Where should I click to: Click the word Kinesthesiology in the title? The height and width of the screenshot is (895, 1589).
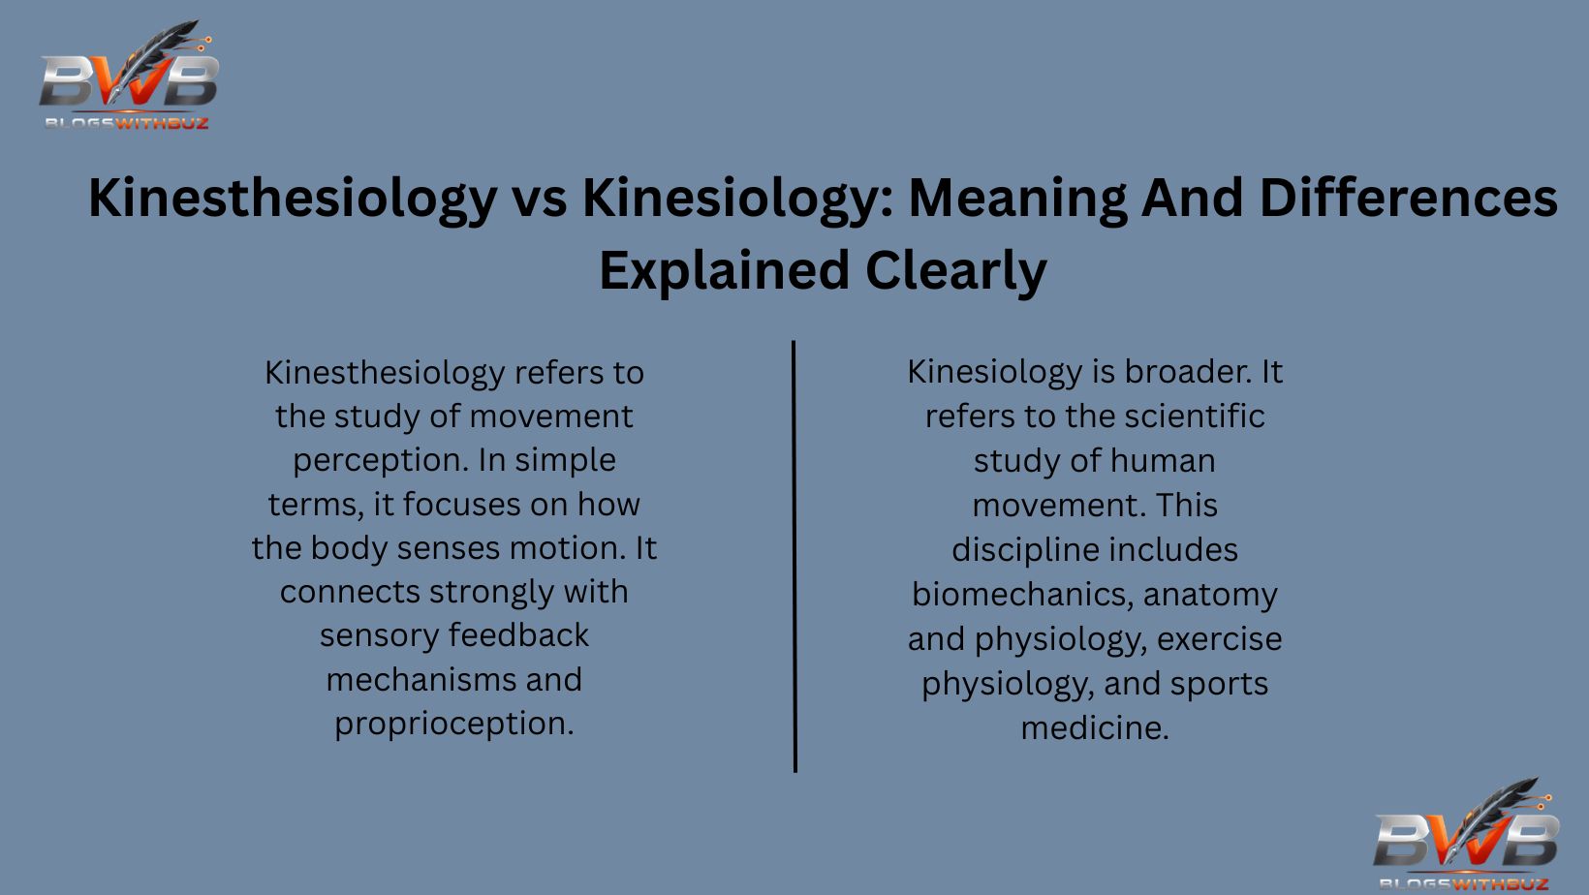point(292,199)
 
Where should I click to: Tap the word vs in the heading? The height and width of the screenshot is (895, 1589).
point(539,199)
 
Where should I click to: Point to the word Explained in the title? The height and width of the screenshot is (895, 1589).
point(724,270)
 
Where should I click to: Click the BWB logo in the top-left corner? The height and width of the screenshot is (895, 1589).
point(128,77)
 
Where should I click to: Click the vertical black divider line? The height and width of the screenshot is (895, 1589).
point(794,556)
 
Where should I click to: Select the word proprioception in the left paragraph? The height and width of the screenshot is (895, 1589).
point(453,724)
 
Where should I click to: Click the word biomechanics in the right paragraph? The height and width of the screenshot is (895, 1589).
point(1020,594)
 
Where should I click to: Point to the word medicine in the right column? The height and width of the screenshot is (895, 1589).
point(1094,727)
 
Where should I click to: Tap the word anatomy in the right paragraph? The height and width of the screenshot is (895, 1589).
point(1210,594)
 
